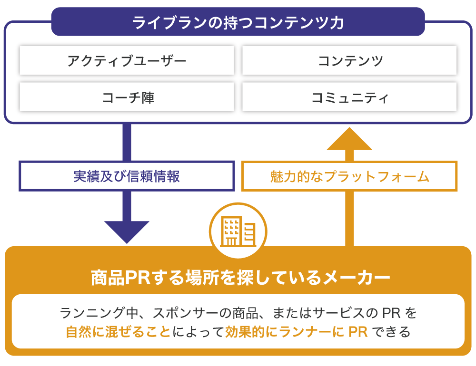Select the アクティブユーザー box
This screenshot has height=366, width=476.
[x=127, y=60]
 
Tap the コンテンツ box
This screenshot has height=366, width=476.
[x=350, y=60]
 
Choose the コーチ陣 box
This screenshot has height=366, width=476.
[x=127, y=98]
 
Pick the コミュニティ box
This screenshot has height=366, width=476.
[x=350, y=98]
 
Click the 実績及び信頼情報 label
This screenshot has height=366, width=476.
[x=127, y=176]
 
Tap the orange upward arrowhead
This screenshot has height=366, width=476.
[x=350, y=139]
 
